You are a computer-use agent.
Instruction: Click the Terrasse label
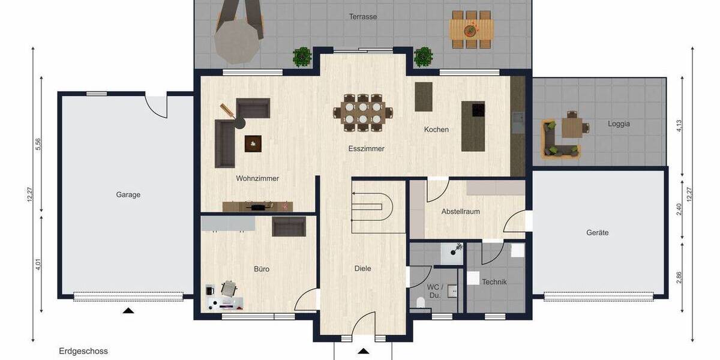pos(363,17)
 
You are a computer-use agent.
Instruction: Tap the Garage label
pos(128,194)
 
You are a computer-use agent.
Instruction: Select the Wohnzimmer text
pos(257,178)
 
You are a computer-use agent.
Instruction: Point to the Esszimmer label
pos(366,148)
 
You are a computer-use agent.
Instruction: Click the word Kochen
pos(436,130)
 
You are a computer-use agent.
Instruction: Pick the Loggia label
pos(619,124)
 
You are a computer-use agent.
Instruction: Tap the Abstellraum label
pos(460,212)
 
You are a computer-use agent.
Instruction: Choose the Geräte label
pos(598,233)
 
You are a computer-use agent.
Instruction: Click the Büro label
pos(261,269)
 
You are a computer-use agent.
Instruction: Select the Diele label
pos(363,268)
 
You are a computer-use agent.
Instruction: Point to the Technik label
pos(494,282)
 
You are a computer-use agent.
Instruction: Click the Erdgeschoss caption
pos(83,351)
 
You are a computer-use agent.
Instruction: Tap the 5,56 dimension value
pos(38,144)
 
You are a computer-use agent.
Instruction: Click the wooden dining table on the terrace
pos(472,28)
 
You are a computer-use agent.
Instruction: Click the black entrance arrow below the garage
pos(128,310)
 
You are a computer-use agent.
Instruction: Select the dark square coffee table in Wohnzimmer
pos(253,143)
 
